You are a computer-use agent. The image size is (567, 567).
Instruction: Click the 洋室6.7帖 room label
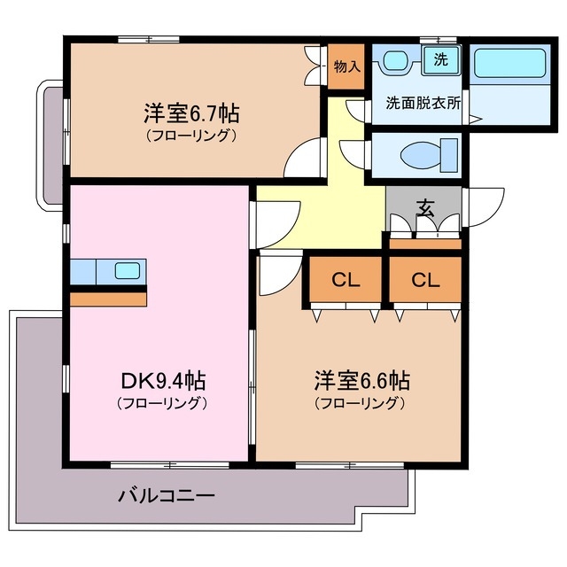tap(190, 114)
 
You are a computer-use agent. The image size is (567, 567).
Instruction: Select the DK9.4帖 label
tap(163, 382)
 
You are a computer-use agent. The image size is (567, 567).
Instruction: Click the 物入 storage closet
tap(346, 67)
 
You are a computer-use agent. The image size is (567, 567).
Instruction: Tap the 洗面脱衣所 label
tap(423, 102)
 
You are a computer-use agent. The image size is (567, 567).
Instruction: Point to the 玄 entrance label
tap(426, 210)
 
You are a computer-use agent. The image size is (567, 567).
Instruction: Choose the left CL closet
tap(346, 281)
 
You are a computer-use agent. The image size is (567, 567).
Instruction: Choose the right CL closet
tap(425, 281)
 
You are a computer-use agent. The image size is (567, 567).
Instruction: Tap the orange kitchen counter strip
tap(108, 299)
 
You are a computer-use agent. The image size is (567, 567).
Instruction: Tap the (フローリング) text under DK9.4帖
tap(163, 404)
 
